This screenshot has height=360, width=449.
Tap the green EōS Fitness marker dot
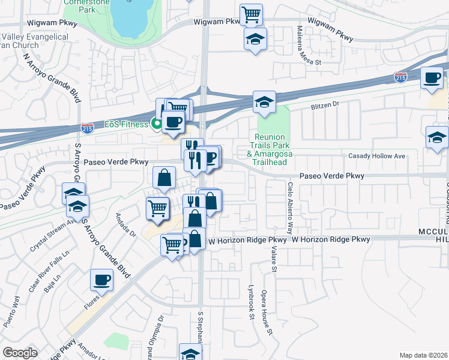[158, 125]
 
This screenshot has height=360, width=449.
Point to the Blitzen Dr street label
[325, 104]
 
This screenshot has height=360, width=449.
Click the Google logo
[20, 353]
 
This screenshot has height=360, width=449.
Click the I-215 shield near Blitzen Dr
[401, 77]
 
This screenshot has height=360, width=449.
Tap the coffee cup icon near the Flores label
[101, 279]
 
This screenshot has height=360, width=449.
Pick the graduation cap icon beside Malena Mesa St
[255, 39]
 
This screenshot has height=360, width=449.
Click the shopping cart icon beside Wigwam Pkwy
[251, 13]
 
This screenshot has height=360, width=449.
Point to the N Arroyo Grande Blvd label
[52, 78]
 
